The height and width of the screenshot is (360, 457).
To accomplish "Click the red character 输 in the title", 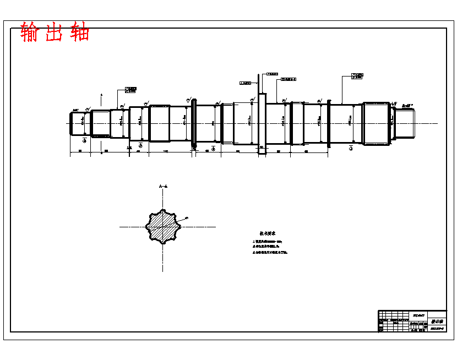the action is coord(31,32).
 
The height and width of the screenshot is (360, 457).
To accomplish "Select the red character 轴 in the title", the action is coord(80,32).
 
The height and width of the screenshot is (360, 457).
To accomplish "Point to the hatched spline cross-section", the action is coord(162,226).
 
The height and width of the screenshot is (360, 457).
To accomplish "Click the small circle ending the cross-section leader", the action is coord(187,218).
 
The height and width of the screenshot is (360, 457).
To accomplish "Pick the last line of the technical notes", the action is coord(270,252).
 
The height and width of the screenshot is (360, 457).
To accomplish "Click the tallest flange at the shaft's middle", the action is coord(262,123).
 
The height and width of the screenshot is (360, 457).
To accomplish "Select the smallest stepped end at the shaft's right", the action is coord(405,123).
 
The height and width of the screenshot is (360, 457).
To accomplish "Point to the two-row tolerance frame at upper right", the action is coord(357,76).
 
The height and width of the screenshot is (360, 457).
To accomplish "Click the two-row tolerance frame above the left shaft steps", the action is coord(131,89).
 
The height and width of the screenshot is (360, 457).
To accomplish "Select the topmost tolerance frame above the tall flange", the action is coord(272,73).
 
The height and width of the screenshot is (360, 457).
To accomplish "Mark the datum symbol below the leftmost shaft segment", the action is coord(84,141).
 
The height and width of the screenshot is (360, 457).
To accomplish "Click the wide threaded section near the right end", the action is coord(376,123).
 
